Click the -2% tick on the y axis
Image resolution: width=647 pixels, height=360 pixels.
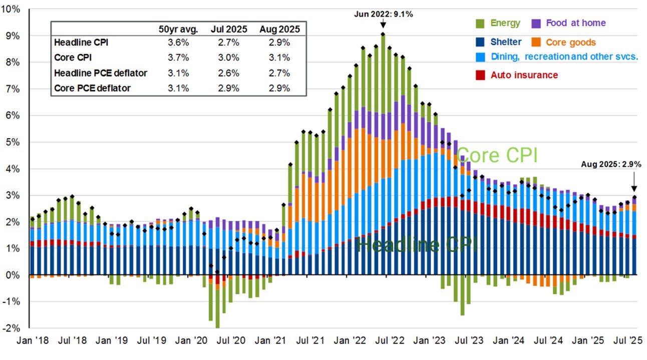click(x=11, y=328)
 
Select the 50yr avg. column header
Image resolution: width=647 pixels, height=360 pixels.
click(x=178, y=29)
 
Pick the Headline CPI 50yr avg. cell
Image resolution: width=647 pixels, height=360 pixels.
click(x=179, y=43)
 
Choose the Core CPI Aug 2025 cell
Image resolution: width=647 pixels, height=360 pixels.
click(x=279, y=58)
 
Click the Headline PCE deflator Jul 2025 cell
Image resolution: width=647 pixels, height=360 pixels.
click(x=229, y=73)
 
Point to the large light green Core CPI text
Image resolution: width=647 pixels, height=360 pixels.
click(x=497, y=155)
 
